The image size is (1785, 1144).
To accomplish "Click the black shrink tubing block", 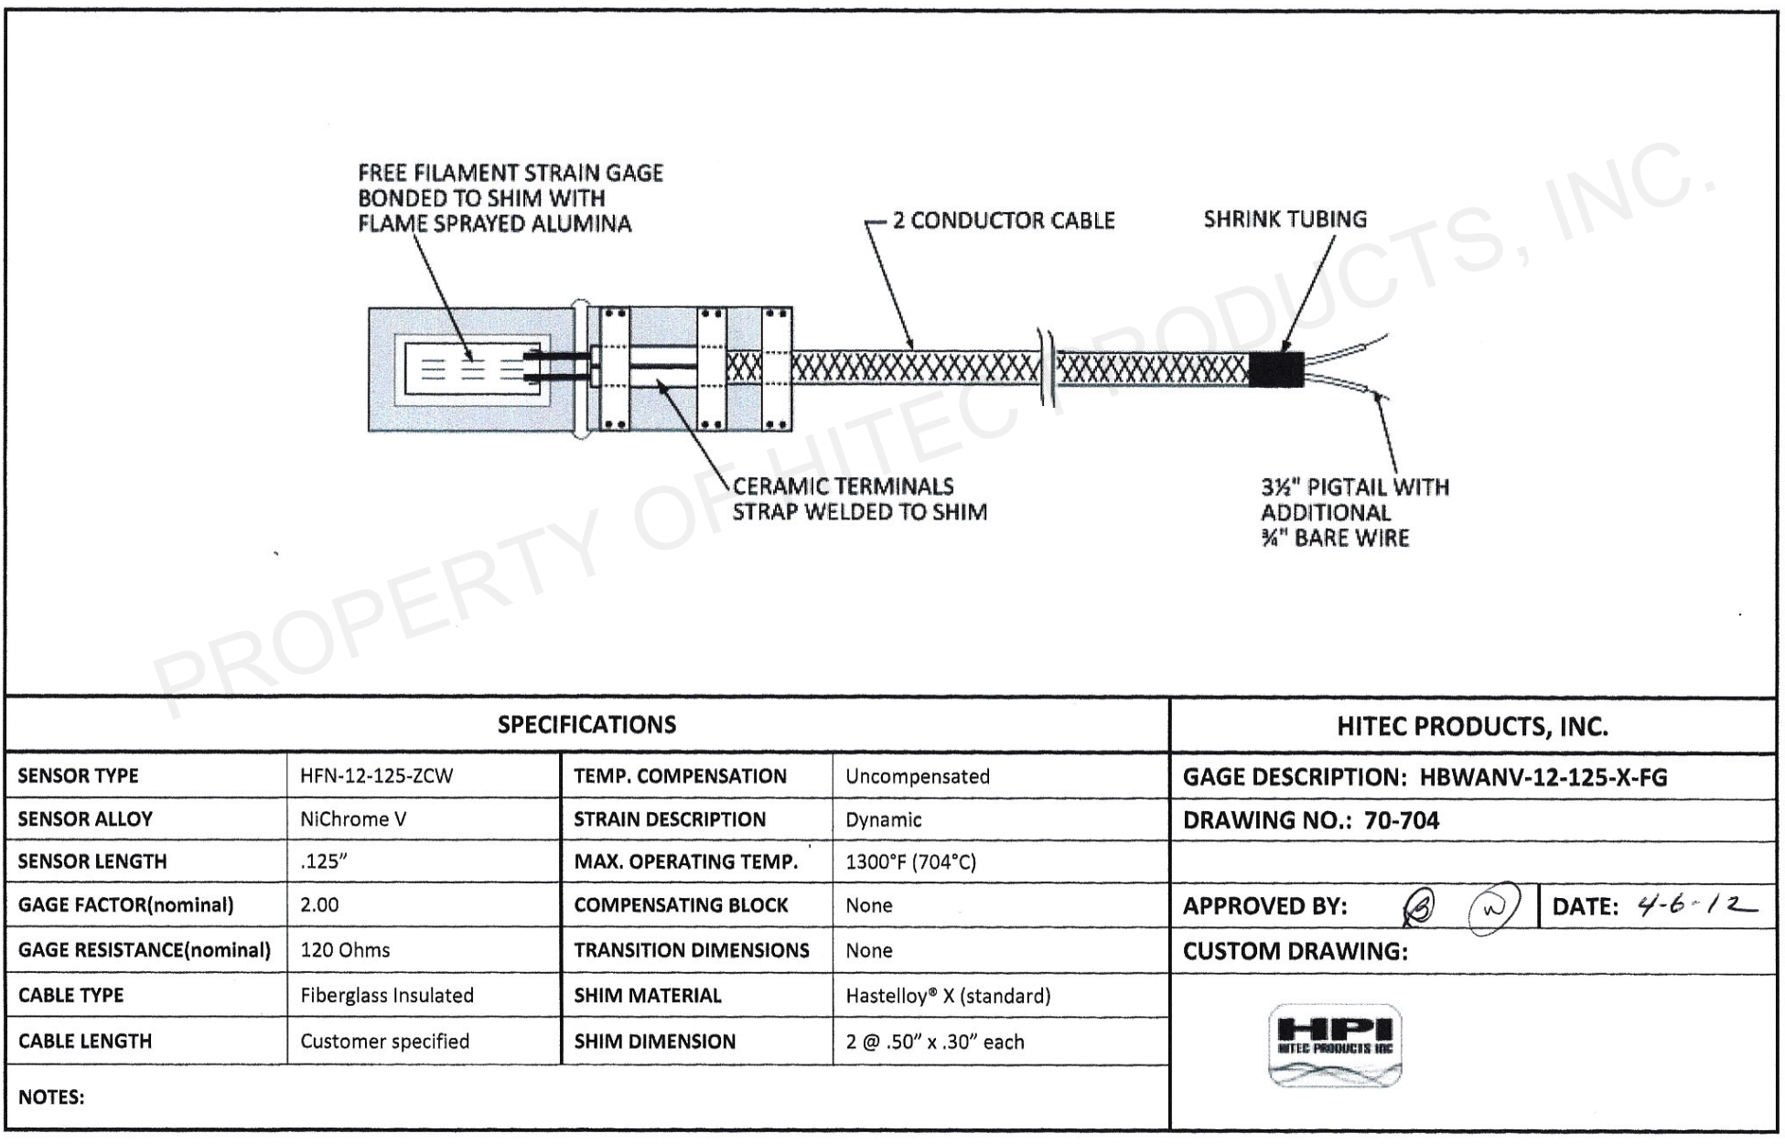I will pyautogui.click(x=1275, y=369).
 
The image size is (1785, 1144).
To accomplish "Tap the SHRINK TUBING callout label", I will pyautogui.click(x=1285, y=219).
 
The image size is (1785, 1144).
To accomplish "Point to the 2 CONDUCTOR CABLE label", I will pyautogui.click(x=1004, y=220).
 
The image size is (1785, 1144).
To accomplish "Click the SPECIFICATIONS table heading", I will pyautogui.click(x=586, y=725).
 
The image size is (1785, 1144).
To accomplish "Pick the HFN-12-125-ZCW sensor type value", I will pyautogui.click(x=376, y=776).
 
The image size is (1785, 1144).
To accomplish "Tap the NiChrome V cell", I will pyautogui.click(x=353, y=819).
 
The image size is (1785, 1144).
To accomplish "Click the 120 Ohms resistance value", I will pyautogui.click(x=345, y=950).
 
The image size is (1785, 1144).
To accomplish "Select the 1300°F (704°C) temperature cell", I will pyautogui.click(x=910, y=861).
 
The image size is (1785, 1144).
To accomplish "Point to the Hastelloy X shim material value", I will pyautogui.click(x=948, y=996).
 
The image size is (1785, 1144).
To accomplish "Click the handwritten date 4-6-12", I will pyautogui.click(x=1698, y=905).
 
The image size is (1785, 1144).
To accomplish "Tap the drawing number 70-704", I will pyautogui.click(x=1401, y=820).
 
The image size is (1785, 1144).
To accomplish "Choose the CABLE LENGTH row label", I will pyautogui.click(x=85, y=1041).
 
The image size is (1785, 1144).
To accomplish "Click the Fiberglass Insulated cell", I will pyautogui.click(x=386, y=995).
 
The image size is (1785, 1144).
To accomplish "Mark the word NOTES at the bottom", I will pyautogui.click(x=51, y=1096).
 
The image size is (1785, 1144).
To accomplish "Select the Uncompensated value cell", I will pyautogui.click(x=917, y=776).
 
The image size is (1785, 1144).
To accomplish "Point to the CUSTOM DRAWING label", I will pyautogui.click(x=1295, y=951).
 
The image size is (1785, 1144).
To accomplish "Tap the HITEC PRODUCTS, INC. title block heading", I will pyautogui.click(x=1472, y=727).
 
